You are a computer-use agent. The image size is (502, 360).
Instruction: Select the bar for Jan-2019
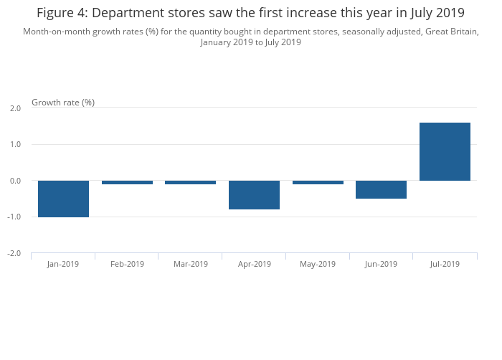click(63, 199)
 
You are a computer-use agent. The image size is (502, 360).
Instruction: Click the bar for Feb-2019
click(127, 182)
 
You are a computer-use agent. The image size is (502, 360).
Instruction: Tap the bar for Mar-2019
click(191, 182)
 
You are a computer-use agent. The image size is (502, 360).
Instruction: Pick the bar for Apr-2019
click(254, 195)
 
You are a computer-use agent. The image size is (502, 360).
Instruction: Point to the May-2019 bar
click(318, 182)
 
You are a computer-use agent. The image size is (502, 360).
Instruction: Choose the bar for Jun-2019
click(381, 189)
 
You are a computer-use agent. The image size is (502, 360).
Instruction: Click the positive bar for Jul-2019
click(445, 151)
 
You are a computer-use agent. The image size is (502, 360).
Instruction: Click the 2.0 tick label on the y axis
click(15, 108)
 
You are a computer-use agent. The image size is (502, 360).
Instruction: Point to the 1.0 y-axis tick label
click(15, 145)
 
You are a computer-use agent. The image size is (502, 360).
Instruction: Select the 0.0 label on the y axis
click(15, 181)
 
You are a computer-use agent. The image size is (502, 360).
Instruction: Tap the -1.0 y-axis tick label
click(14, 217)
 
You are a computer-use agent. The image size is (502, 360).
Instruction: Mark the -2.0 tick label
click(14, 254)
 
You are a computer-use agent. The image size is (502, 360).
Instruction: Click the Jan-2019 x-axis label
click(63, 264)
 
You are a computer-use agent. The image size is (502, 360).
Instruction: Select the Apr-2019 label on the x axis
click(254, 264)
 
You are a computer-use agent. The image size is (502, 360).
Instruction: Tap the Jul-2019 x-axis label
click(445, 264)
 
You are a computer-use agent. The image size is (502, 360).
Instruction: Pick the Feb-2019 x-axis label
click(127, 264)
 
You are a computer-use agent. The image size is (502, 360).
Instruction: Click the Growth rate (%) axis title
click(63, 103)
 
